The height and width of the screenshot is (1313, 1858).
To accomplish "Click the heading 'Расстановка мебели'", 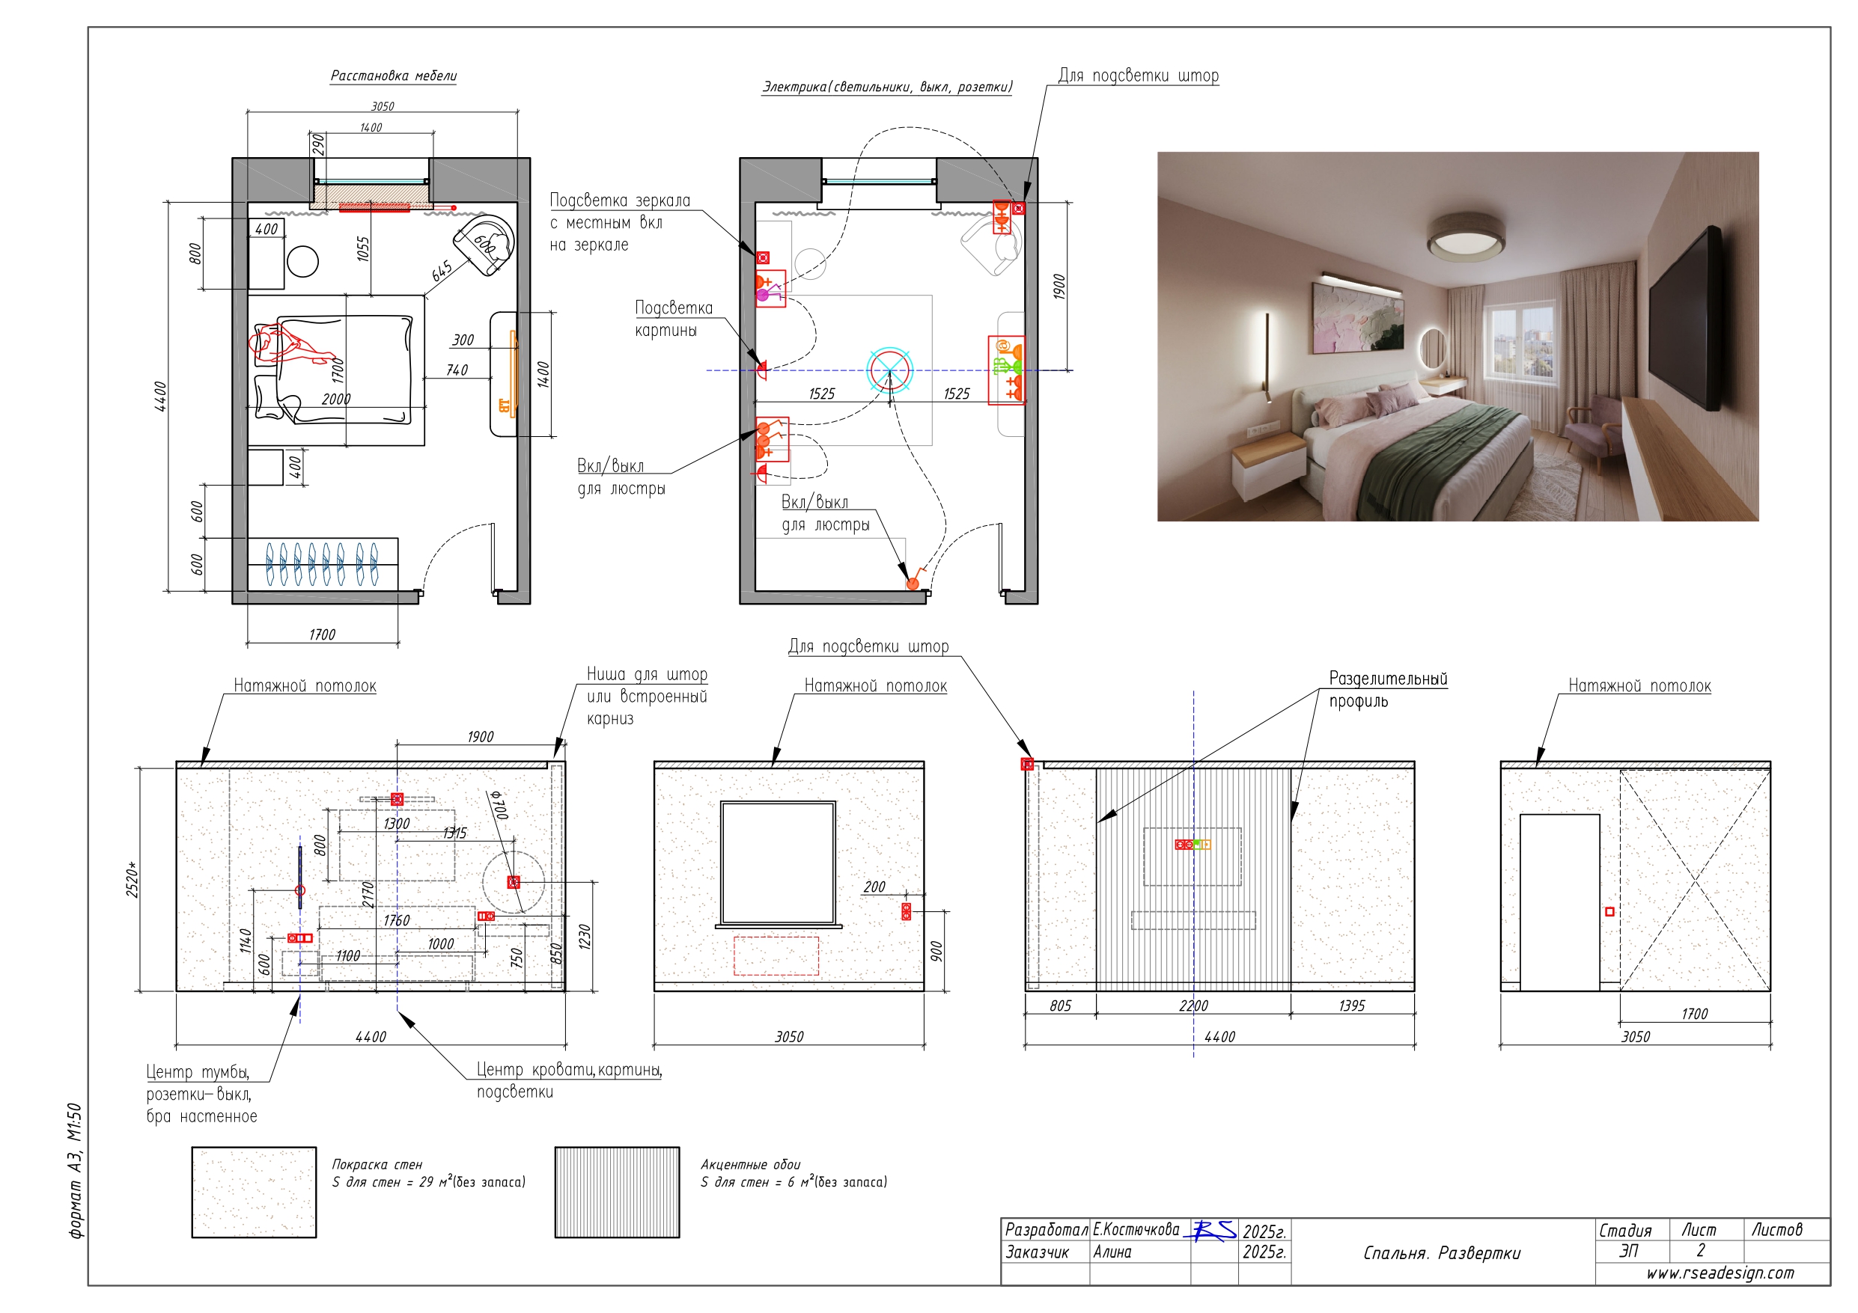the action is click(393, 76).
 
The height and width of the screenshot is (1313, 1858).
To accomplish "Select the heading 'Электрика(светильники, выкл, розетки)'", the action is click(887, 88).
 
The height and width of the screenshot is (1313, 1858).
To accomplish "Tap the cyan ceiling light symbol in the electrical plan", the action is click(889, 370).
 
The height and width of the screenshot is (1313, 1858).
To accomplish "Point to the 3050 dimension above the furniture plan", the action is click(383, 106).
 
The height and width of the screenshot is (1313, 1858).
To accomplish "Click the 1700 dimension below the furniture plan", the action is click(322, 635).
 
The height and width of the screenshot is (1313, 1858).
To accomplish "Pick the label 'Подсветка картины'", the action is click(674, 319).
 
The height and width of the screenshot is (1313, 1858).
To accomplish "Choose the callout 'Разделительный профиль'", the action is click(1388, 689).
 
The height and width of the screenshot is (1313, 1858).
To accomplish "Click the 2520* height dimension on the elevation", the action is click(133, 880).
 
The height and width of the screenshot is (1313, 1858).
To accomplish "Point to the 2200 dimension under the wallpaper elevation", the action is click(1193, 1006).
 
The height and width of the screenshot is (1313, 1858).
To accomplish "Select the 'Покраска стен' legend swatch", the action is click(254, 1192).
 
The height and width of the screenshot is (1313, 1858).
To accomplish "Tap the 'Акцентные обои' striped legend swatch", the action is click(617, 1192).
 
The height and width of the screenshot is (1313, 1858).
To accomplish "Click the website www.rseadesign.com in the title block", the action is click(1720, 1273).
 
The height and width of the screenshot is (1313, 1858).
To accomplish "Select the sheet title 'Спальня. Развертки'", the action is click(1442, 1253).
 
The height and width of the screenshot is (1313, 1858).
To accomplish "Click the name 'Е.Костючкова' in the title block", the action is click(1136, 1230).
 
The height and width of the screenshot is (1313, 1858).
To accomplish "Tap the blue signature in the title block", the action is click(1210, 1231).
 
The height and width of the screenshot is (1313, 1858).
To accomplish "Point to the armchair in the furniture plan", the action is click(486, 245).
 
